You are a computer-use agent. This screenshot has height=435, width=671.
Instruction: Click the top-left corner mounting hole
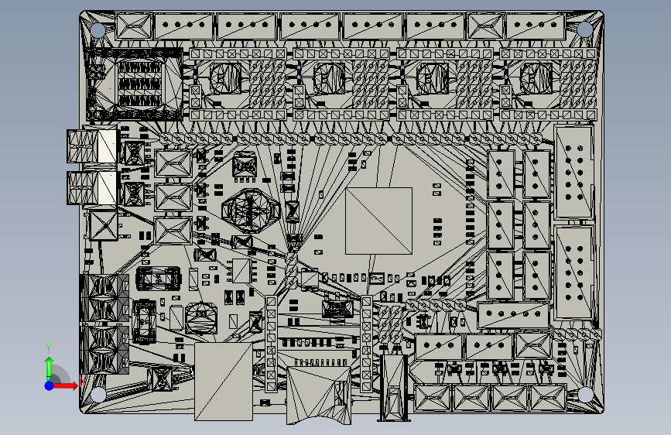pyautogui.click(x=98, y=30)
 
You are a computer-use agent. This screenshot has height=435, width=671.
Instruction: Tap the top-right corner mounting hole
pyautogui.click(x=586, y=29)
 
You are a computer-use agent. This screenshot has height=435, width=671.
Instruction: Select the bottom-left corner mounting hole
pyautogui.click(x=99, y=394)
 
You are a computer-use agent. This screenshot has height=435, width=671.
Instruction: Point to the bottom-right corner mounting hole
pyautogui.click(x=587, y=394)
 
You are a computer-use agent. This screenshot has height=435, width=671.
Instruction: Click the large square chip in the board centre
pyautogui.click(x=378, y=221)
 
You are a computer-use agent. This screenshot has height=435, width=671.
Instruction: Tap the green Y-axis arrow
pyautogui.click(x=49, y=364)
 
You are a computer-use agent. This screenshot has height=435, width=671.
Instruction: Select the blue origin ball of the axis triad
pyautogui.click(x=50, y=385)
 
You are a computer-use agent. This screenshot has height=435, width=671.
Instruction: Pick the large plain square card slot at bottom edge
pyautogui.click(x=224, y=382)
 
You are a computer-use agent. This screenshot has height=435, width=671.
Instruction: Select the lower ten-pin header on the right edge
pyautogui.click(x=573, y=271)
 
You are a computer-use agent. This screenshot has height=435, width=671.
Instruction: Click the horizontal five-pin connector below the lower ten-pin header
pyautogui.click(x=512, y=315)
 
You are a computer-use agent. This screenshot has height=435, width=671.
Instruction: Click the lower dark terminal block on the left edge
pyautogui.click(x=104, y=348)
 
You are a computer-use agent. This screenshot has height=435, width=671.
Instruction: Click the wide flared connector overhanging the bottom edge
pyautogui.click(x=319, y=395)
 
